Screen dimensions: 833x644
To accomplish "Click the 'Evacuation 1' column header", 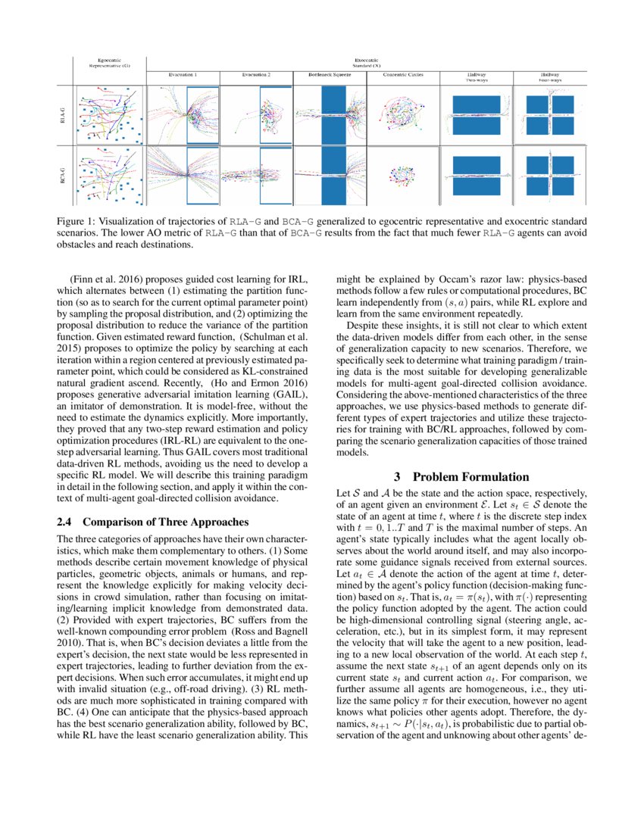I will point(183,76).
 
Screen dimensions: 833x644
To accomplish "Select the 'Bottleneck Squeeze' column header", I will point(329,76).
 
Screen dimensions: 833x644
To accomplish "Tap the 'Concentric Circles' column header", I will point(402,76).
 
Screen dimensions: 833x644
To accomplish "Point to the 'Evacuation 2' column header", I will point(256,76).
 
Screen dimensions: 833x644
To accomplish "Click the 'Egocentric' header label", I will point(110,60).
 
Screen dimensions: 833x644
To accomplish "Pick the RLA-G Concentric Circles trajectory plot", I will point(402,114).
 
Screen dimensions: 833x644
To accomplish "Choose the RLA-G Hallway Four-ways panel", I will point(549,114).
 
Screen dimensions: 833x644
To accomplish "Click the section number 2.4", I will point(65,522).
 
